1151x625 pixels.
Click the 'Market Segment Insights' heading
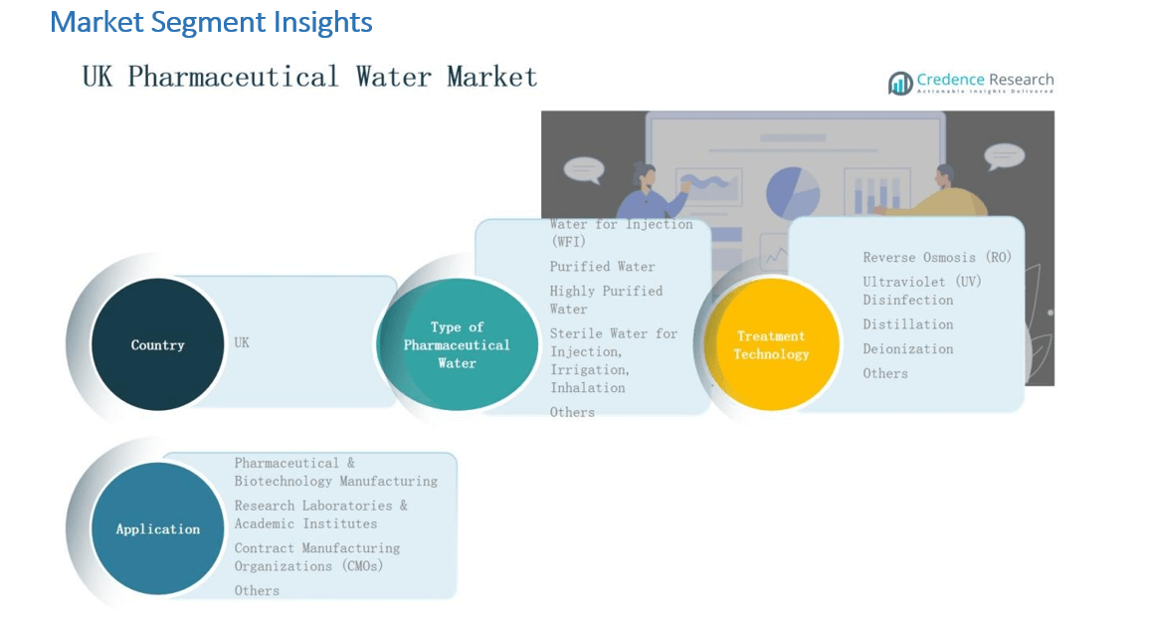(x=211, y=22)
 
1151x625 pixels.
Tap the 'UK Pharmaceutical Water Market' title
(x=309, y=77)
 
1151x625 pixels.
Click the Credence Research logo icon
(x=900, y=84)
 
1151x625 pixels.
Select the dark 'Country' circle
(x=157, y=345)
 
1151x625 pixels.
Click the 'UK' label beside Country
(x=242, y=342)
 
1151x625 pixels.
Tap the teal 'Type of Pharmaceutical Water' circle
(x=457, y=345)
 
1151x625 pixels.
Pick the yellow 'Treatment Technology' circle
(x=771, y=345)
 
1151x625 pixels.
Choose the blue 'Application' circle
(x=157, y=529)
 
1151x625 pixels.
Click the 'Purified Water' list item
(x=602, y=267)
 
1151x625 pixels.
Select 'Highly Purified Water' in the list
(x=605, y=300)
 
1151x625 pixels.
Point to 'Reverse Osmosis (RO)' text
(x=936, y=257)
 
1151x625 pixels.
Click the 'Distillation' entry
(x=907, y=324)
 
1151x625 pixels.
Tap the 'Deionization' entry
(x=907, y=349)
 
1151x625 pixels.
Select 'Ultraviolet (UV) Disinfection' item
(x=921, y=291)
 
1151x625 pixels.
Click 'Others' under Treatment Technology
(x=884, y=373)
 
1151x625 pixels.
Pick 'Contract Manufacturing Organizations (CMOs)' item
(x=316, y=557)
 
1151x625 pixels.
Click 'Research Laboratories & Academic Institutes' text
(x=320, y=515)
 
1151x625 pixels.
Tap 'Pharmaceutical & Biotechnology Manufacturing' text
(x=335, y=472)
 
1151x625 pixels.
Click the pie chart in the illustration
(x=793, y=191)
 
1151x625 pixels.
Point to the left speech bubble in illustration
(x=583, y=169)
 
